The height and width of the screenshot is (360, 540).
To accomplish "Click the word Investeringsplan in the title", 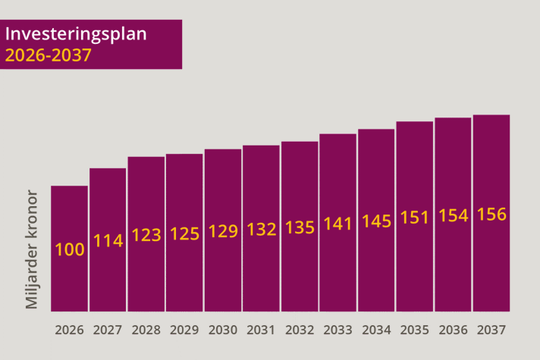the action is coord(76,35).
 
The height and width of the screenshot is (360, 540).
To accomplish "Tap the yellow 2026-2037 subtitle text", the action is coord(49,55).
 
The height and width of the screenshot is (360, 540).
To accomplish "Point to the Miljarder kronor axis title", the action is coord(31,249).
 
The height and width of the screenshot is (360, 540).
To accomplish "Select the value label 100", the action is coord(70,249).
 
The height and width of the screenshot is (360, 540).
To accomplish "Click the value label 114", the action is coord(108,240).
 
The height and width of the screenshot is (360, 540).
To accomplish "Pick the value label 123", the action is coord(146,235).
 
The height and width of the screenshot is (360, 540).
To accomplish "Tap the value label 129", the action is coord(223,231).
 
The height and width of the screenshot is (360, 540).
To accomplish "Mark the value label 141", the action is coord(337,224).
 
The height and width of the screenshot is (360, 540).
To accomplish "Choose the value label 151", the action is coord(415,218).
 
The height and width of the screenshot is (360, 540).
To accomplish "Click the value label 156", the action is coord(491,214).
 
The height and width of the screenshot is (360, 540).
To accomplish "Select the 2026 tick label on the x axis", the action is coord(69,330).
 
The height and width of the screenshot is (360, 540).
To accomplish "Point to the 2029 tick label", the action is coord(184,330).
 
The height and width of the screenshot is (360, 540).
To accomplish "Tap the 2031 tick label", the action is coord(261,330).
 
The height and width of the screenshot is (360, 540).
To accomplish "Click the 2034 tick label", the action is coord(376,330).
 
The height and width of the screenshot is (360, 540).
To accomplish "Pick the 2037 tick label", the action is coord(491,330).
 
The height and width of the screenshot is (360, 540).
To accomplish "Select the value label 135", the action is coord(300,227).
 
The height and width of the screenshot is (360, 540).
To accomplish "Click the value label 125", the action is coord(184,233).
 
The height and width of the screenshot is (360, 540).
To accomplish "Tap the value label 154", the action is coord(454,216).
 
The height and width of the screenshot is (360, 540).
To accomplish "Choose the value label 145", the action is coord(376,221).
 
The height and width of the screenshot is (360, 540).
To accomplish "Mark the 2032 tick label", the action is coord(300,330).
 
